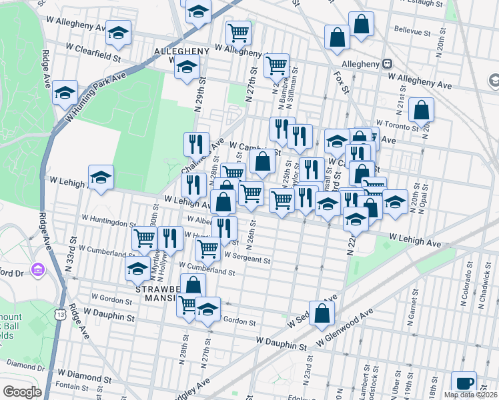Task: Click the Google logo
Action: coord(22,392)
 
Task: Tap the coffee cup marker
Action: coord(464,383)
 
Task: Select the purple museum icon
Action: coord(38,269)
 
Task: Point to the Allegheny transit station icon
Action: coord(386,65)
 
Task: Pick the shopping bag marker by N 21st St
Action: coord(421,109)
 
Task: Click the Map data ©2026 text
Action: coord(471,395)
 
